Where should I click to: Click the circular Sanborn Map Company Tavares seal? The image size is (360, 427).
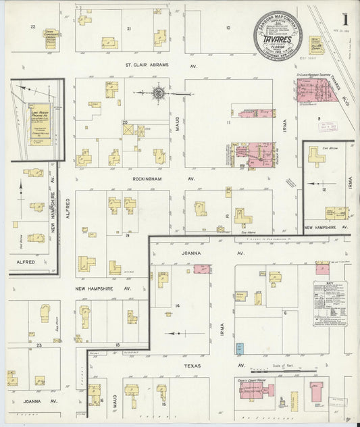coord(277,36)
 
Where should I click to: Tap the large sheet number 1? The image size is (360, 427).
coord(344,17)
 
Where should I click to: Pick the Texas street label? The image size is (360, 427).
coord(193,366)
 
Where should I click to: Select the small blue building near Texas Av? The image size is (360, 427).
coord(239,349)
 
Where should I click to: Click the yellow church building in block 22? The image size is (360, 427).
coord(50,38)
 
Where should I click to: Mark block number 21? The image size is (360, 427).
coord(128,30)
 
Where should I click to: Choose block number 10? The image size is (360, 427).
coord(228,28)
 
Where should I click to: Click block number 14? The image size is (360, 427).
coord(177,306)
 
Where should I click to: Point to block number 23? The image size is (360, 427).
coord(39,345)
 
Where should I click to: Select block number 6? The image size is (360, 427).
coord(285,313)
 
